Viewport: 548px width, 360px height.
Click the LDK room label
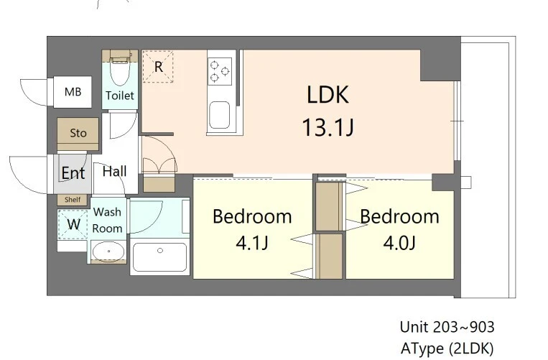[328, 94]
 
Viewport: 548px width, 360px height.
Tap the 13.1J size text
[328, 127]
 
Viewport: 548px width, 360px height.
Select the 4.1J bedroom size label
[252, 243]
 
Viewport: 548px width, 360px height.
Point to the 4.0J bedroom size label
[399, 243]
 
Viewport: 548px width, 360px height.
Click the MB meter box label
[73, 92]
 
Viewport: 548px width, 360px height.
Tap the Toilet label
[120, 96]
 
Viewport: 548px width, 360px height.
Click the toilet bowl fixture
[120, 71]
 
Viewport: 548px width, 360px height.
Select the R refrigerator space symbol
[158, 66]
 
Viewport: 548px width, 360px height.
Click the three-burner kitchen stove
[220, 71]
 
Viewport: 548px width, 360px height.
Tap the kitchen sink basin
[220, 115]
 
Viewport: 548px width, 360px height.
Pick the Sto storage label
[78, 133]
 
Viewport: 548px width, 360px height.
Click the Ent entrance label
[73, 172]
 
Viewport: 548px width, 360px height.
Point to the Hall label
[115, 171]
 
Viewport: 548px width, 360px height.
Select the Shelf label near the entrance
[73, 200]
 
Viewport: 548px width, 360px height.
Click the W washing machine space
[73, 224]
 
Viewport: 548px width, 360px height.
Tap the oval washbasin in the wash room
[108, 251]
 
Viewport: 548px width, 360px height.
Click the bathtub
[159, 257]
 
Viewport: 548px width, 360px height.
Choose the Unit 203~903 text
[447, 327]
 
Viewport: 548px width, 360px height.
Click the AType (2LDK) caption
[447, 348]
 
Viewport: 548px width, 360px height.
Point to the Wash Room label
[107, 220]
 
